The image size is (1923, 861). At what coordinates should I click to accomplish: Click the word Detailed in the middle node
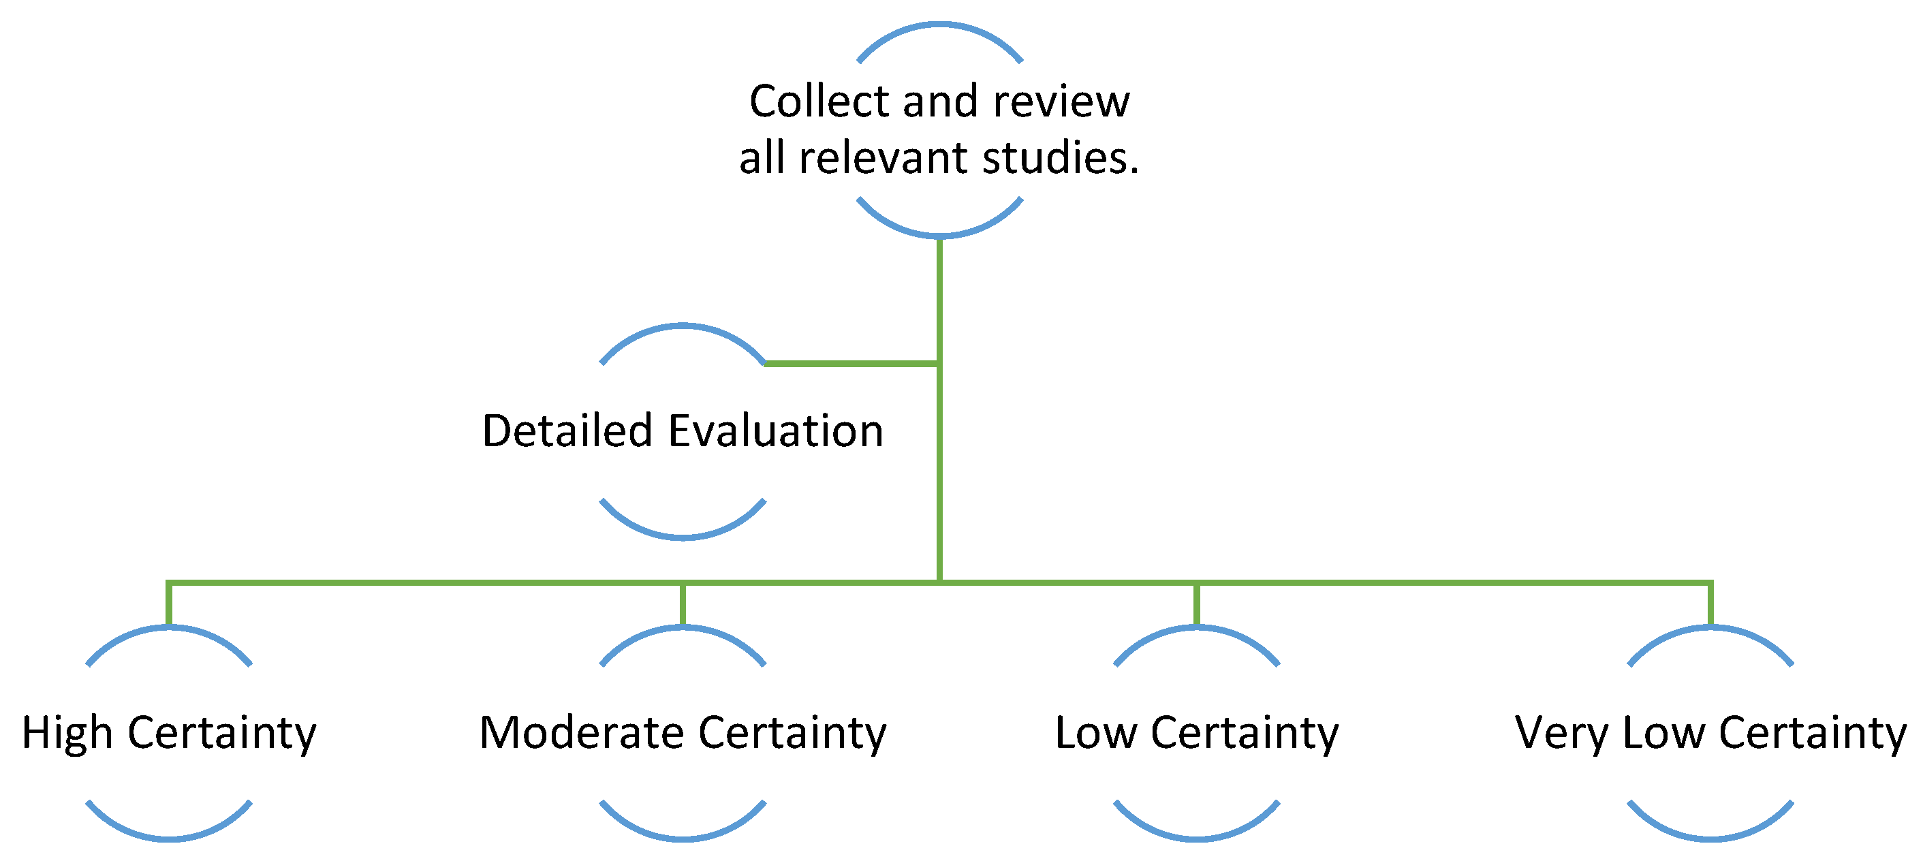[567, 432]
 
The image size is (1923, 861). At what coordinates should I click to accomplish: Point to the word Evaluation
[776, 432]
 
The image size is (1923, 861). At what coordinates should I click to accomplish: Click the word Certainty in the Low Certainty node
[1245, 734]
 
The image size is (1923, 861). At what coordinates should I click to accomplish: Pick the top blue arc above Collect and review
[939, 26]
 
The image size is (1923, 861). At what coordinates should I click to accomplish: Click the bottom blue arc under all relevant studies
[939, 234]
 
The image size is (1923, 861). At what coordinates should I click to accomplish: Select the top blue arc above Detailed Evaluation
[683, 327]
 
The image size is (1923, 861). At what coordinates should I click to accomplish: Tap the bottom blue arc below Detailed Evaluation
[683, 535]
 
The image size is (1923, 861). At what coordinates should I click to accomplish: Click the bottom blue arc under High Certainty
[170, 838]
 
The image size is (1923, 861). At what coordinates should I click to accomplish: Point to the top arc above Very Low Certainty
[1710, 629]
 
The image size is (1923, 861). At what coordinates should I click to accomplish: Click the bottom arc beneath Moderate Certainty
[683, 838]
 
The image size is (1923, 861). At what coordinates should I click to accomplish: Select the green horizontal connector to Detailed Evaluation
[851, 364]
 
